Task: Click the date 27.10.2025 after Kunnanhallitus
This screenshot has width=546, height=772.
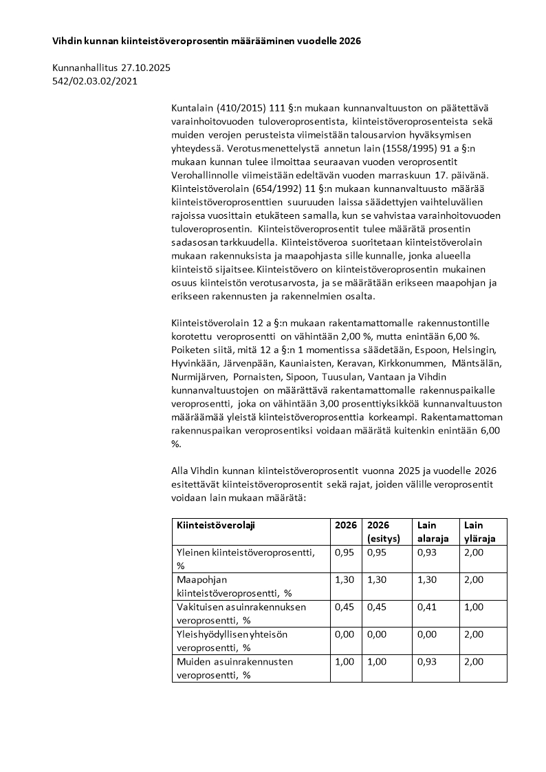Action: tap(146, 68)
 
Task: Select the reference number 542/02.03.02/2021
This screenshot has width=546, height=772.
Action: tap(95, 81)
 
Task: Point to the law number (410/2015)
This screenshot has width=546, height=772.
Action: tap(236, 108)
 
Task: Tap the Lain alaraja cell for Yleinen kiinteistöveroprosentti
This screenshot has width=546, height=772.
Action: tap(426, 552)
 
